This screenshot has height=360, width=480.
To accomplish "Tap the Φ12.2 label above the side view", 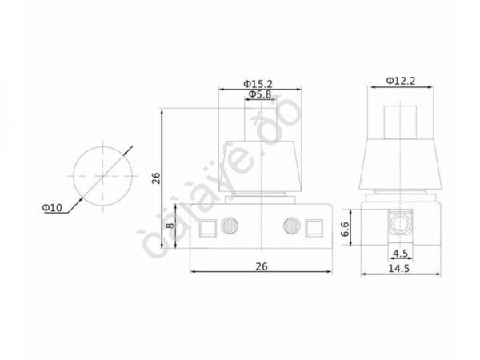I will [400, 81].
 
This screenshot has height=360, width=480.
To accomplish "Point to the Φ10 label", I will [53, 208].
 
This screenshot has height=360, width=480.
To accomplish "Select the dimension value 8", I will [169, 226].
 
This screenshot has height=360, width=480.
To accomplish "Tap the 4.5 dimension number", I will [401, 254].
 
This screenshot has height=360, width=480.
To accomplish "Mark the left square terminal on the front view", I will [206, 228].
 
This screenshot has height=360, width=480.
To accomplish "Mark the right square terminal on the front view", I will [313, 228].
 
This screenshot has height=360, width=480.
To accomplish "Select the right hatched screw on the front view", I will [290, 226].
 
